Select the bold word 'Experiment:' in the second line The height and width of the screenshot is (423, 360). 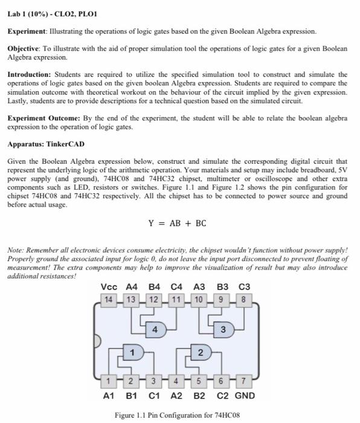point(27,30)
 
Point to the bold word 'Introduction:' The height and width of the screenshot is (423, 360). point(30,74)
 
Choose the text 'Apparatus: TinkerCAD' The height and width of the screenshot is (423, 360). point(45,145)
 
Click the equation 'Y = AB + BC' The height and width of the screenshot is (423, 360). point(178,224)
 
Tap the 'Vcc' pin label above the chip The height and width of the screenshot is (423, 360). point(109,287)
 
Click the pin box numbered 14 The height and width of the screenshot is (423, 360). point(109,299)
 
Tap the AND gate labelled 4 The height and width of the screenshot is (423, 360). point(155,330)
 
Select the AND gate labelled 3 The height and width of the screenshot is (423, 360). point(223,330)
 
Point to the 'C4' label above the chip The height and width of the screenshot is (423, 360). point(176,287)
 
